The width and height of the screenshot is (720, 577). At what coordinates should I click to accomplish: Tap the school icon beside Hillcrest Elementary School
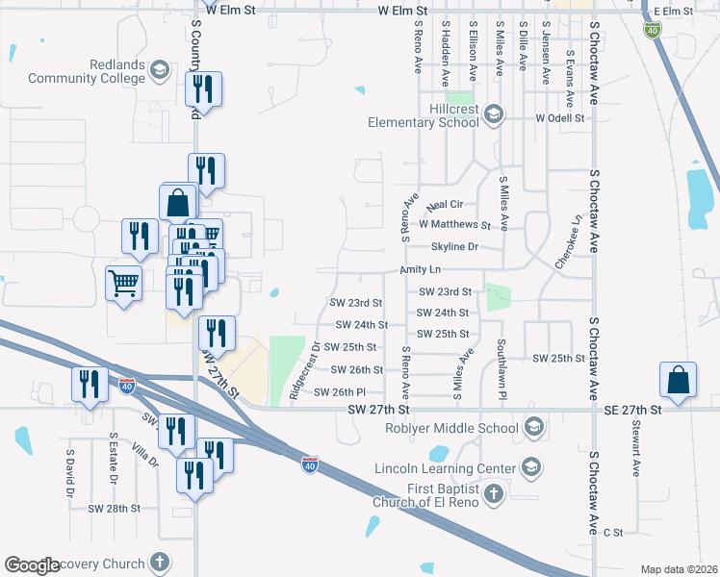[x=494, y=115]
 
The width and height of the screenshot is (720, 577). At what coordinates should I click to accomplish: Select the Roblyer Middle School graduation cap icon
[x=534, y=428]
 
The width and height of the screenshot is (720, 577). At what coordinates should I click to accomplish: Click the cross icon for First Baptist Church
[x=494, y=494]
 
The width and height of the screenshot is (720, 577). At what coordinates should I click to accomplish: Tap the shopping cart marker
[x=124, y=284]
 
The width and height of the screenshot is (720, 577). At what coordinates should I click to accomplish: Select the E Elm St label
[x=673, y=12]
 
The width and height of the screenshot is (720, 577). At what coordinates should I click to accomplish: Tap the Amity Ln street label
[x=421, y=271]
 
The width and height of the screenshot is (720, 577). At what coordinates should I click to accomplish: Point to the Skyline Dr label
[x=454, y=247]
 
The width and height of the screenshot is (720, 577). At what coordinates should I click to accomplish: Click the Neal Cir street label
[x=445, y=205]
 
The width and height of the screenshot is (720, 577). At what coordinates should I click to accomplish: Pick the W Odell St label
[x=560, y=118]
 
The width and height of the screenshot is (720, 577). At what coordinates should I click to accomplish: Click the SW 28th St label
[x=114, y=508]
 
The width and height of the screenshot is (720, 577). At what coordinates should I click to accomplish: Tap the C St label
[x=613, y=532]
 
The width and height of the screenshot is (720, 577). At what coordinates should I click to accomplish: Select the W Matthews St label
[x=455, y=225]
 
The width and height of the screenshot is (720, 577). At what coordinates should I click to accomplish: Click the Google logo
[x=33, y=565]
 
